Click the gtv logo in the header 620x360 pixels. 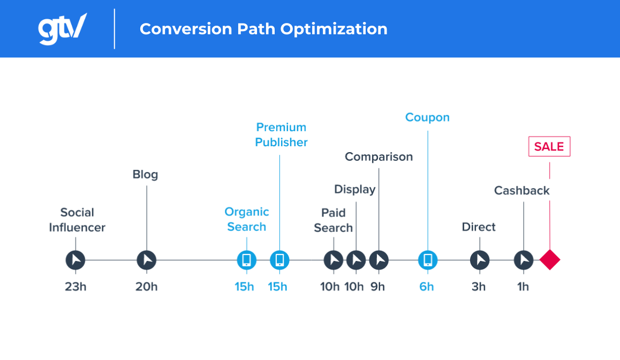point(62,28)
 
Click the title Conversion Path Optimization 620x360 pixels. point(263,28)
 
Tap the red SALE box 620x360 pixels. point(549,146)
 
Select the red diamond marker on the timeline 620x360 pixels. point(549,260)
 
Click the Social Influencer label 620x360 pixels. point(77,220)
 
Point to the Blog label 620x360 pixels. point(145,175)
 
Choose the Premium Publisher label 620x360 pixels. point(281,134)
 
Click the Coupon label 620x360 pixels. point(427,117)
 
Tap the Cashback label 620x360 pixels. point(521,190)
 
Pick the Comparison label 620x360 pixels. point(379,156)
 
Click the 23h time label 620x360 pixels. point(75,287)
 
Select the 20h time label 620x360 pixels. point(146,287)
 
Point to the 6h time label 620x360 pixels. point(427,287)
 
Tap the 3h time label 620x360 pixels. point(479,287)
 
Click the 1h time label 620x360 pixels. point(523,287)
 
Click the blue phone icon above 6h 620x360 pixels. point(427,260)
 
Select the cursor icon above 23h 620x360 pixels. point(75,260)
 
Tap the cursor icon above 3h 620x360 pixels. point(479,260)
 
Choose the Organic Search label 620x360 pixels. point(246,219)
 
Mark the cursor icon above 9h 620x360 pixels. point(379,260)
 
